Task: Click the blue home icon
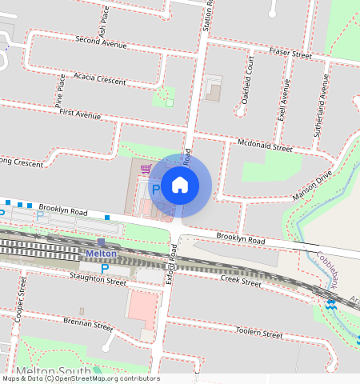tap(181, 185)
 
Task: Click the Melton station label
tap(102, 254)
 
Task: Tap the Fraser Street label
tap(290, 54)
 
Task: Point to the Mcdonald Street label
tap(266, 146)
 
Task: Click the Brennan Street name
tap(88, 325)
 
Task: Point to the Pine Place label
tap(59, 90)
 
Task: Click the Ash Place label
tap(104, 25)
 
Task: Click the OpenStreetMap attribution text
tap(80, 378)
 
